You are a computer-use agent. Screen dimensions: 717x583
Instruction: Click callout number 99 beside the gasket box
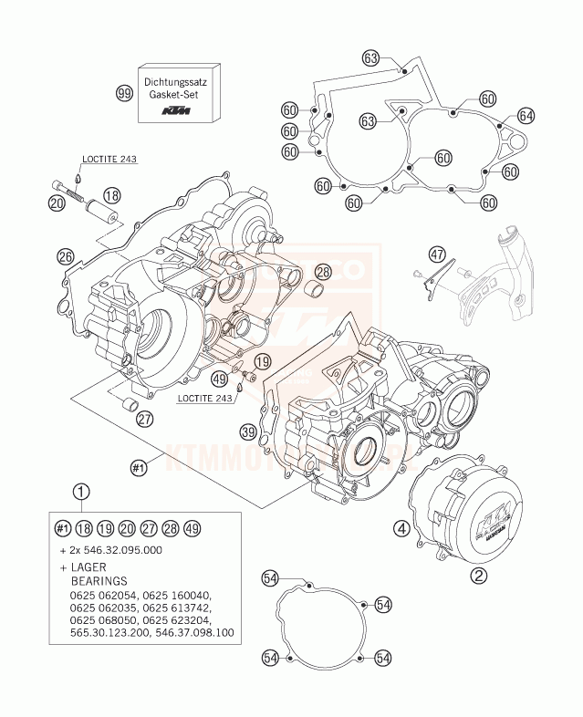123,93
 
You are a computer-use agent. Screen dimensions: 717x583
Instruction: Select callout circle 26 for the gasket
65,256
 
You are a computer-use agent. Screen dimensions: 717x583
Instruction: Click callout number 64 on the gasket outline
526,115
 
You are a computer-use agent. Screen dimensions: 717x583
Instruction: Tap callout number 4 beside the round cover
401,526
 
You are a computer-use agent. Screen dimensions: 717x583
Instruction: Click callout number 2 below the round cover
478,575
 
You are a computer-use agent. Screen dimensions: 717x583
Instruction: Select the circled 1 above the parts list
83,494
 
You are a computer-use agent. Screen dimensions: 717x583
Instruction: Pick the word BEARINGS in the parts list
99,580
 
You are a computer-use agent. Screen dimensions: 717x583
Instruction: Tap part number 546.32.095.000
117,551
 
